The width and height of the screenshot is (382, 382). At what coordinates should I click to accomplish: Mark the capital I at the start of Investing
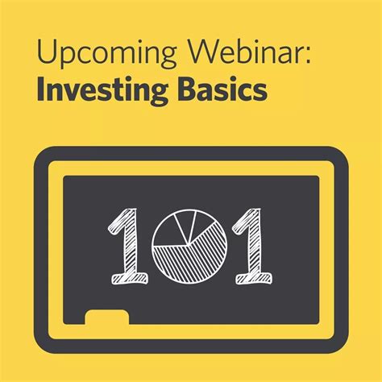pos(39,89)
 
